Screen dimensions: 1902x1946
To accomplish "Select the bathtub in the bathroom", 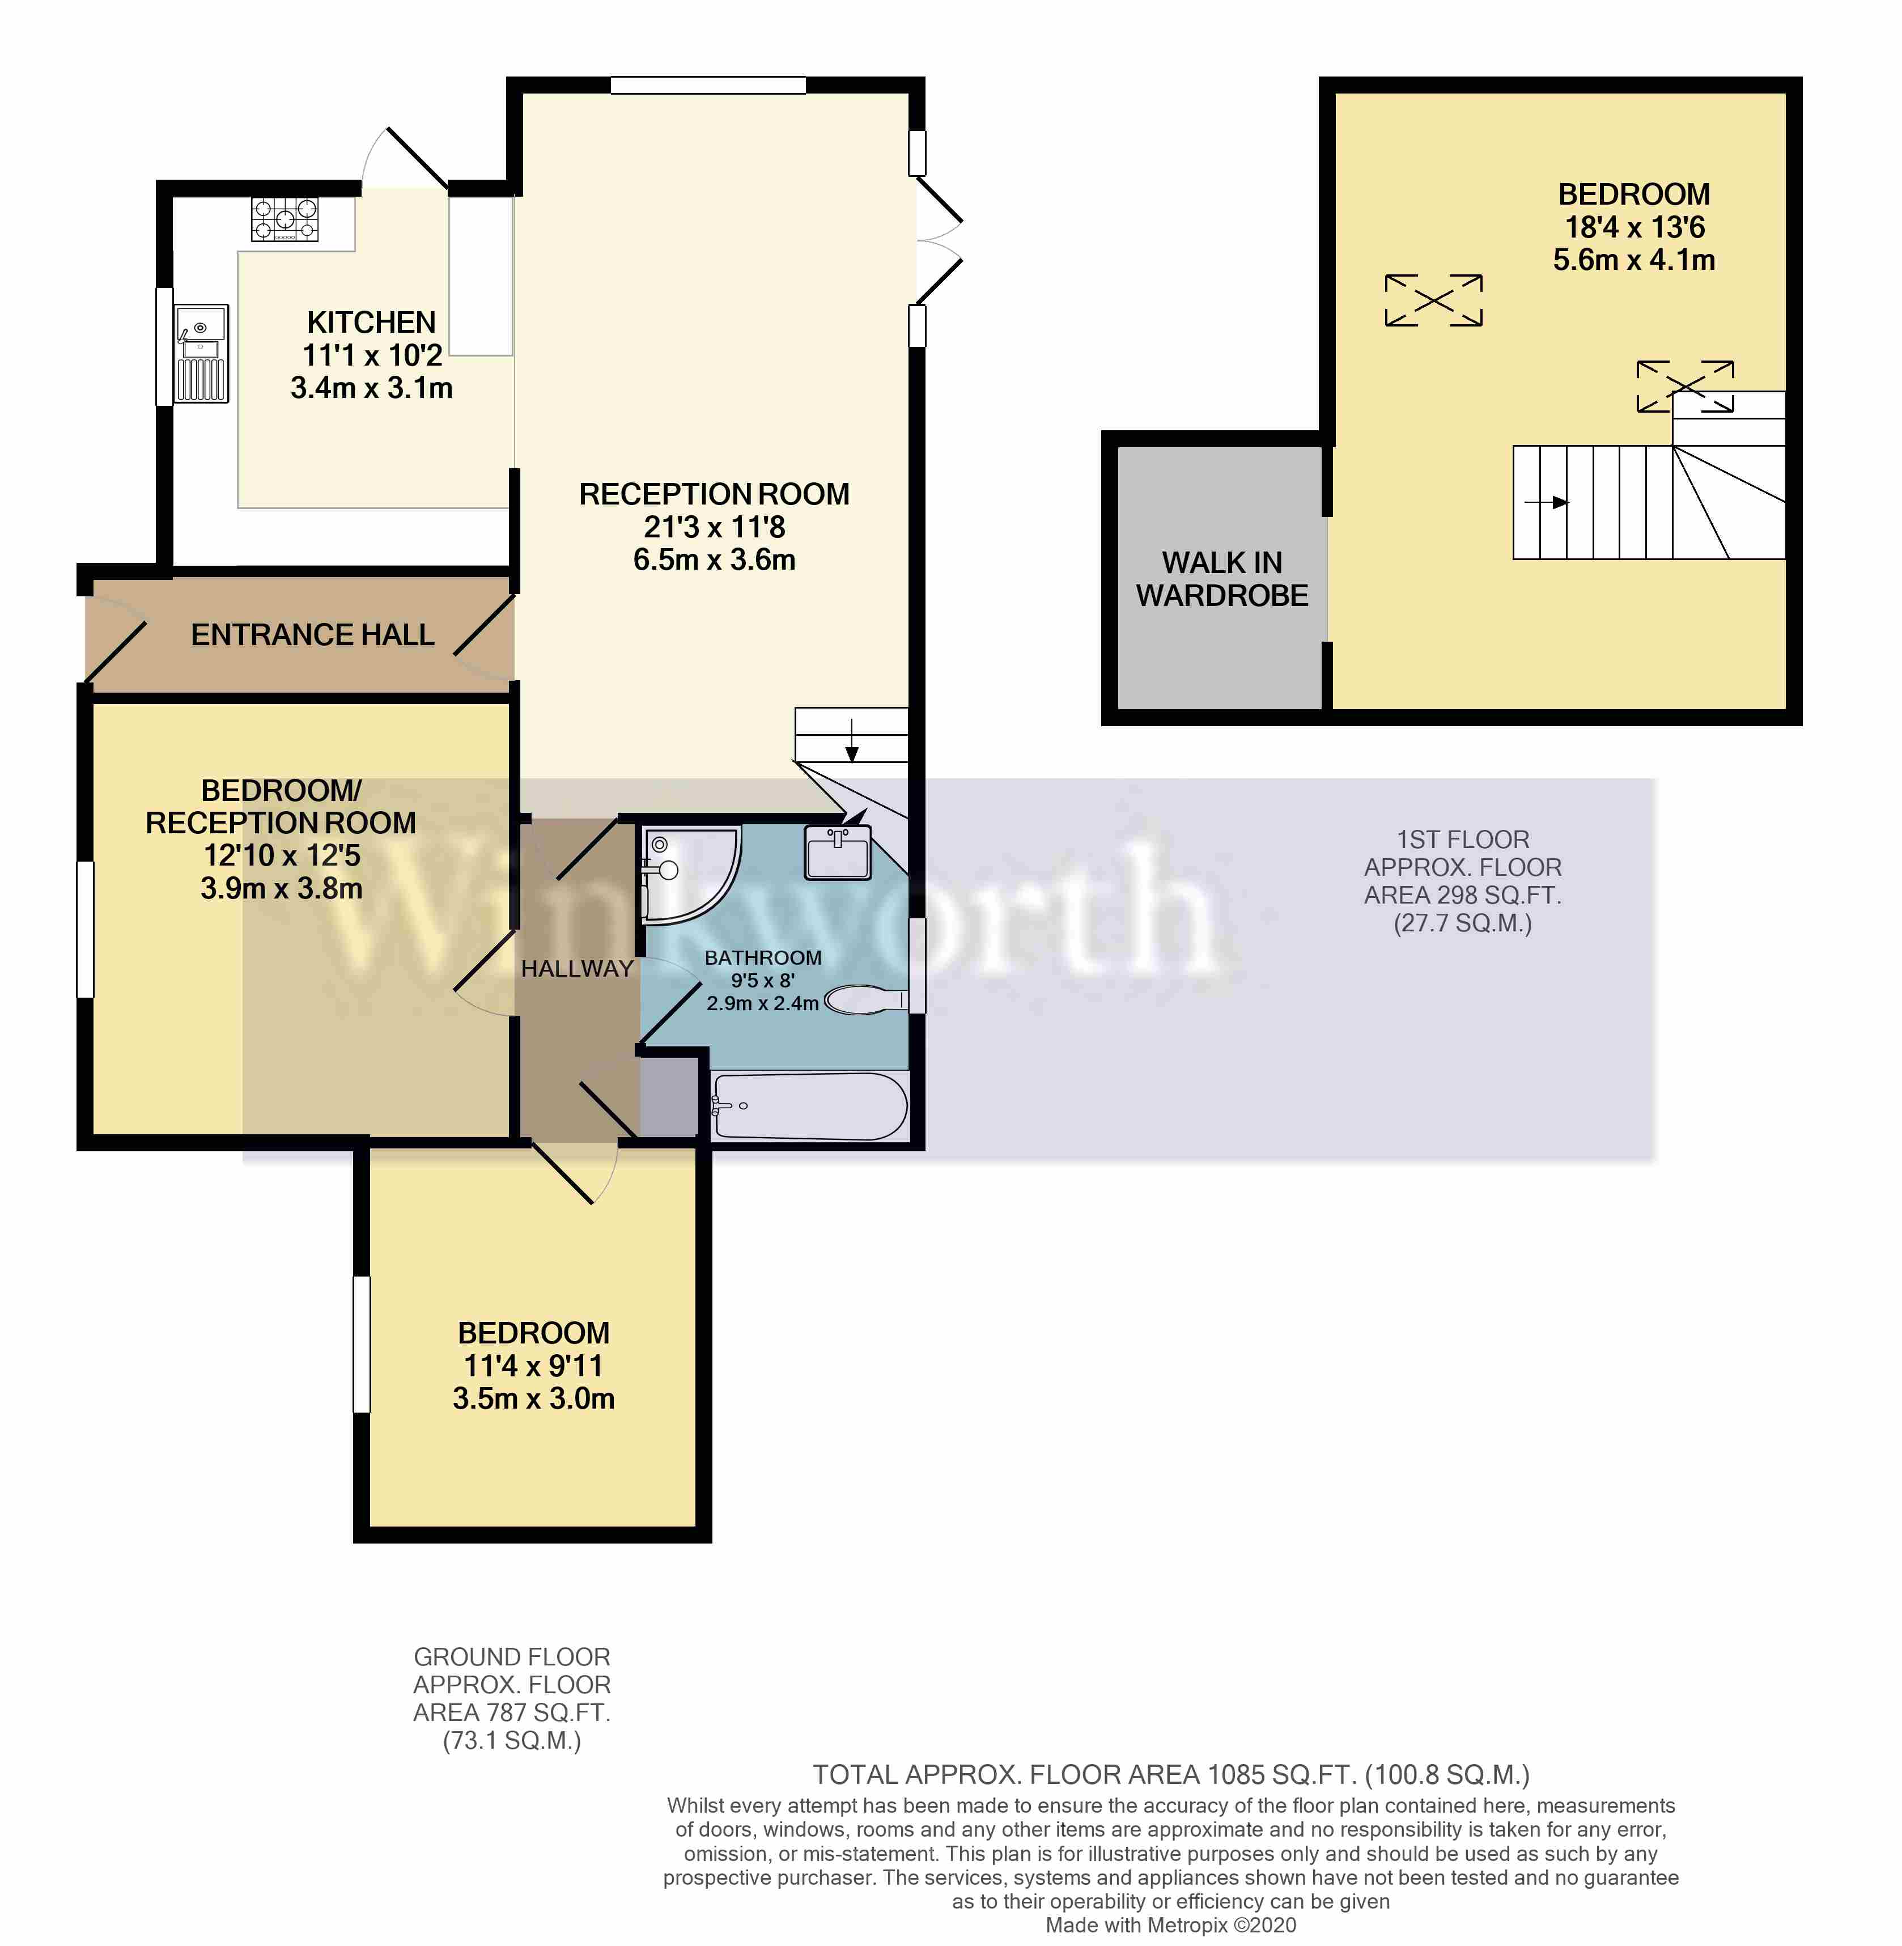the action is tap(810, 1106).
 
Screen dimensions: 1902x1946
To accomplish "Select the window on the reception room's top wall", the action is tap(708, 85).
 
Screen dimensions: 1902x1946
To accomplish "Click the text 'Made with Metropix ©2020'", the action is tap(1171, 1925).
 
